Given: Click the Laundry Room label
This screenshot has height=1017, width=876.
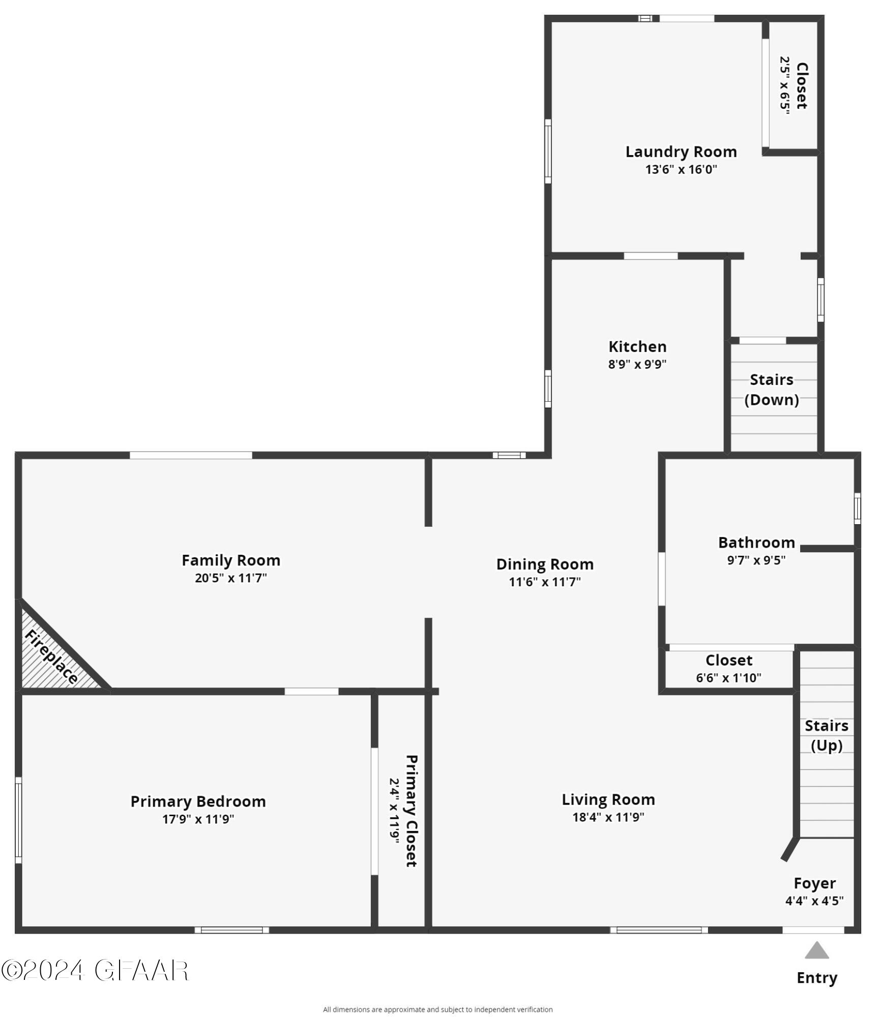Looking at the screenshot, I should [x=681, y=152].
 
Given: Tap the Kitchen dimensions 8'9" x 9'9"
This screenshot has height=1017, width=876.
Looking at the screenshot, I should [x=637, y=364].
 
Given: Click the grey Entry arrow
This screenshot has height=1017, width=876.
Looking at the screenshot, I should [x=816, y=950].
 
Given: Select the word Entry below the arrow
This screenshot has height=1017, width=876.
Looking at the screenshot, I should [x=816, y=978].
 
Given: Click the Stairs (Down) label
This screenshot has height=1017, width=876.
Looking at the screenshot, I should [x=771, y=390].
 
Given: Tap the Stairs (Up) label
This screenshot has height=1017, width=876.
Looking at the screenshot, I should [x=826, y=735].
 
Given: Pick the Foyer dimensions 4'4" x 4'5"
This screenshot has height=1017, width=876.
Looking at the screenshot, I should [x=814, y=901].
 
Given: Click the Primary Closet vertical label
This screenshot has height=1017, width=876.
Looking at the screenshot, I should [x=411, y=811].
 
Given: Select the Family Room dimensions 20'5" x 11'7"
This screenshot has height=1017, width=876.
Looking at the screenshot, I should [x=230, y=578].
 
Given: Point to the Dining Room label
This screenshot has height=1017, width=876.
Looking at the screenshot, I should [x=545, y=564].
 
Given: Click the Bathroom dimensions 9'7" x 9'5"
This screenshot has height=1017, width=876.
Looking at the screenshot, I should [x=756, y=560].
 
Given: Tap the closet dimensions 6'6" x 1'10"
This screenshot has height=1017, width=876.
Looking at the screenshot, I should [x=728, y=678].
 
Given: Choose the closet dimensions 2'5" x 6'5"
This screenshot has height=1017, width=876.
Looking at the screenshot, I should [x=785, y=85].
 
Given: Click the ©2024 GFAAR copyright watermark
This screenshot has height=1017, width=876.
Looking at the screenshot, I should [x=95, y=971].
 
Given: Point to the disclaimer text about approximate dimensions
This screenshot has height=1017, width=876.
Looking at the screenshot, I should [x=437, y=1009].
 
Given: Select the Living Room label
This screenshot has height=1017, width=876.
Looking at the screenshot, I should [x=608, y=799].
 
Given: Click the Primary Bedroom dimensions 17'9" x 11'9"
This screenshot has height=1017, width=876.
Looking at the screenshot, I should [x=198, y=819].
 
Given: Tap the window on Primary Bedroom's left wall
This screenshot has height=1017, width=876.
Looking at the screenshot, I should [x=19, y=820].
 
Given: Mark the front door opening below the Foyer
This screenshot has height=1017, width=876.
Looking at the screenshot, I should [x=813, y=930].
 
